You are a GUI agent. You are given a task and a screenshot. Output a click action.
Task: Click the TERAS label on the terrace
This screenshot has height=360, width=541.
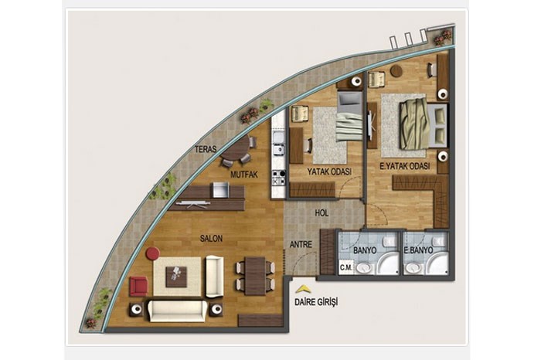(x=206, y=149)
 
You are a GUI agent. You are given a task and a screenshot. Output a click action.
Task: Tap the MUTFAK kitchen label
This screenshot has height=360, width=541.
(x=244, y=175)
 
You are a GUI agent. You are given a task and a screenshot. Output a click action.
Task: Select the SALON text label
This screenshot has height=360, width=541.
(x=211, y=238)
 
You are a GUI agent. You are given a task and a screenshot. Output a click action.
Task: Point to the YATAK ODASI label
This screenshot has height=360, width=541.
(x=329, y=172)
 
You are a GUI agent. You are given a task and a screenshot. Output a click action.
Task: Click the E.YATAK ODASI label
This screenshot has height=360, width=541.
(x=405, y=166)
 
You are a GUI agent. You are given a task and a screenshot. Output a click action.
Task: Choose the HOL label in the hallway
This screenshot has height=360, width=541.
(x=322, y=213)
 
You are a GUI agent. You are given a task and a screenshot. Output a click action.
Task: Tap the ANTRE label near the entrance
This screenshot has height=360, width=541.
(x=301, y=244)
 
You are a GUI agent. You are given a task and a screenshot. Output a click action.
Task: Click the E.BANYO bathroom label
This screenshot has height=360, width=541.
(x=419, y=250)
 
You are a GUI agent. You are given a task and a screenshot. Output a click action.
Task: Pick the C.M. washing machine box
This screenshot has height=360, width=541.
(x=346, y=268)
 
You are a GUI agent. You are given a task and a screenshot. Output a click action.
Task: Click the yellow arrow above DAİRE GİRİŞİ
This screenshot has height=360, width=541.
(x=303, y=289)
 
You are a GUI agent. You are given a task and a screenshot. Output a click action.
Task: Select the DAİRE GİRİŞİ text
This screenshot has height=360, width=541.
(x=316, y=302)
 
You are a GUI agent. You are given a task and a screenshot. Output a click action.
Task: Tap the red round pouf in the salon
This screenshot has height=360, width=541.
(x=152, y=253)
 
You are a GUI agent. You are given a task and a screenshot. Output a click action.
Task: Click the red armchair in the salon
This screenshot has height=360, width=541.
(x=138, y=286)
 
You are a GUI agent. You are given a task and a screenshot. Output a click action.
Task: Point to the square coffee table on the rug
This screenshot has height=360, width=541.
(x=176, y=277)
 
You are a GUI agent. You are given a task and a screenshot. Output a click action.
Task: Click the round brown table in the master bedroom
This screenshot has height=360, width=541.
(x=396, y=71)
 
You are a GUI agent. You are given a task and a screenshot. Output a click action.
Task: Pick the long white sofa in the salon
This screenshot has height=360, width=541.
(x=177, y=311)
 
